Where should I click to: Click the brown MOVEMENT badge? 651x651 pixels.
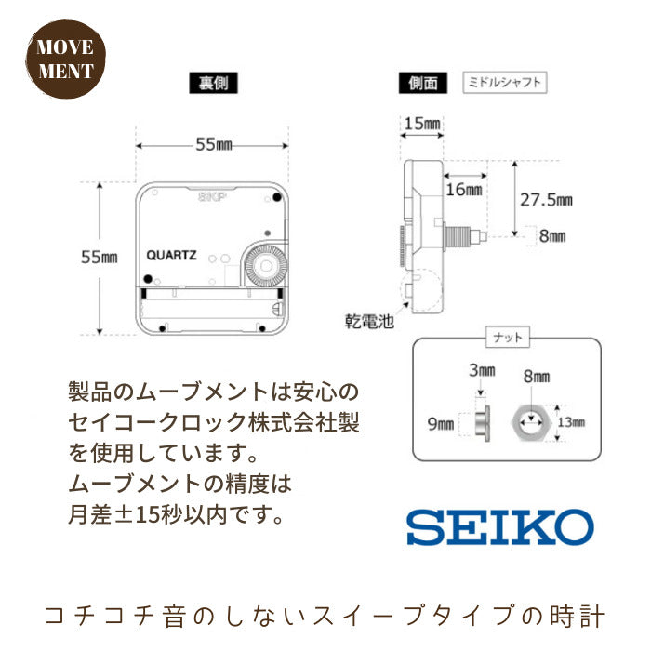tap(65, 59)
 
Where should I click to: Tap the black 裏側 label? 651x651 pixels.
tap(213, 83)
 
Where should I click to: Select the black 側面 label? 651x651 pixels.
tap(423, 83)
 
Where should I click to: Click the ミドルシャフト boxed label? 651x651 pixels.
tap(504, 82)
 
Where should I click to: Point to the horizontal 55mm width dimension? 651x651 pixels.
tap(214, 145)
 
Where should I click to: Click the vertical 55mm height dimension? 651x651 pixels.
tap(100, 258)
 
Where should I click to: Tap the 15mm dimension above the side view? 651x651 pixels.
tap(422, 124)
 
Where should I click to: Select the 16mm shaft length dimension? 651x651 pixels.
tap(464, 190)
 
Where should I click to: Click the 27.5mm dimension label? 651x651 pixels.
tap(547, 200)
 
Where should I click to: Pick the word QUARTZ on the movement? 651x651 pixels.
tap(171, 255)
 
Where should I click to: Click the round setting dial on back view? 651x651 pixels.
tap(266, 265)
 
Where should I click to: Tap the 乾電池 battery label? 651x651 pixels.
tap(369, 322)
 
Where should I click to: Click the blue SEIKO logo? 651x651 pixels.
tap(500, 527)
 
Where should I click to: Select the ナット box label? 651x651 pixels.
tap(508, 337)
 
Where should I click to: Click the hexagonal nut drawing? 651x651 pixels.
tap(531, 422)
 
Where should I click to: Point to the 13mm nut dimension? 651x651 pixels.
tap(571, 422)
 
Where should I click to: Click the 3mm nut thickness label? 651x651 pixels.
tap(482, 370)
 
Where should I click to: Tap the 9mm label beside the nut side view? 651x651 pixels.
tap(441, 424)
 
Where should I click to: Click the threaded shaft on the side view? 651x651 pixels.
tap(457, 236)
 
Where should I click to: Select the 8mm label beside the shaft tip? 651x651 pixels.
tap(552, 236)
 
